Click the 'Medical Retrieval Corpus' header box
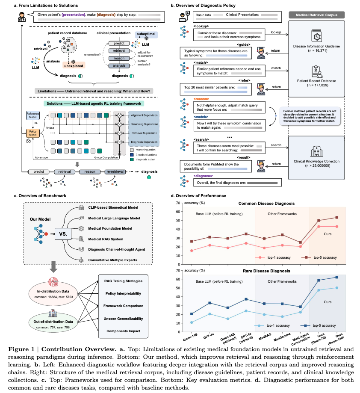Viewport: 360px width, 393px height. point(317,15)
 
